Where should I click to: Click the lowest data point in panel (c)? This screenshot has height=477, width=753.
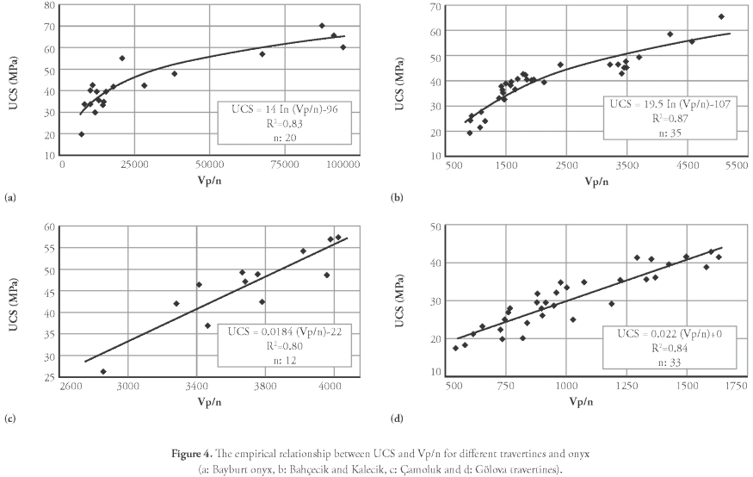pos(103,372)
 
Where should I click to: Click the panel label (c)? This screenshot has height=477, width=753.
pos(10,419)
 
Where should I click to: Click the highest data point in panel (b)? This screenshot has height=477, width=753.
pos(721,16)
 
